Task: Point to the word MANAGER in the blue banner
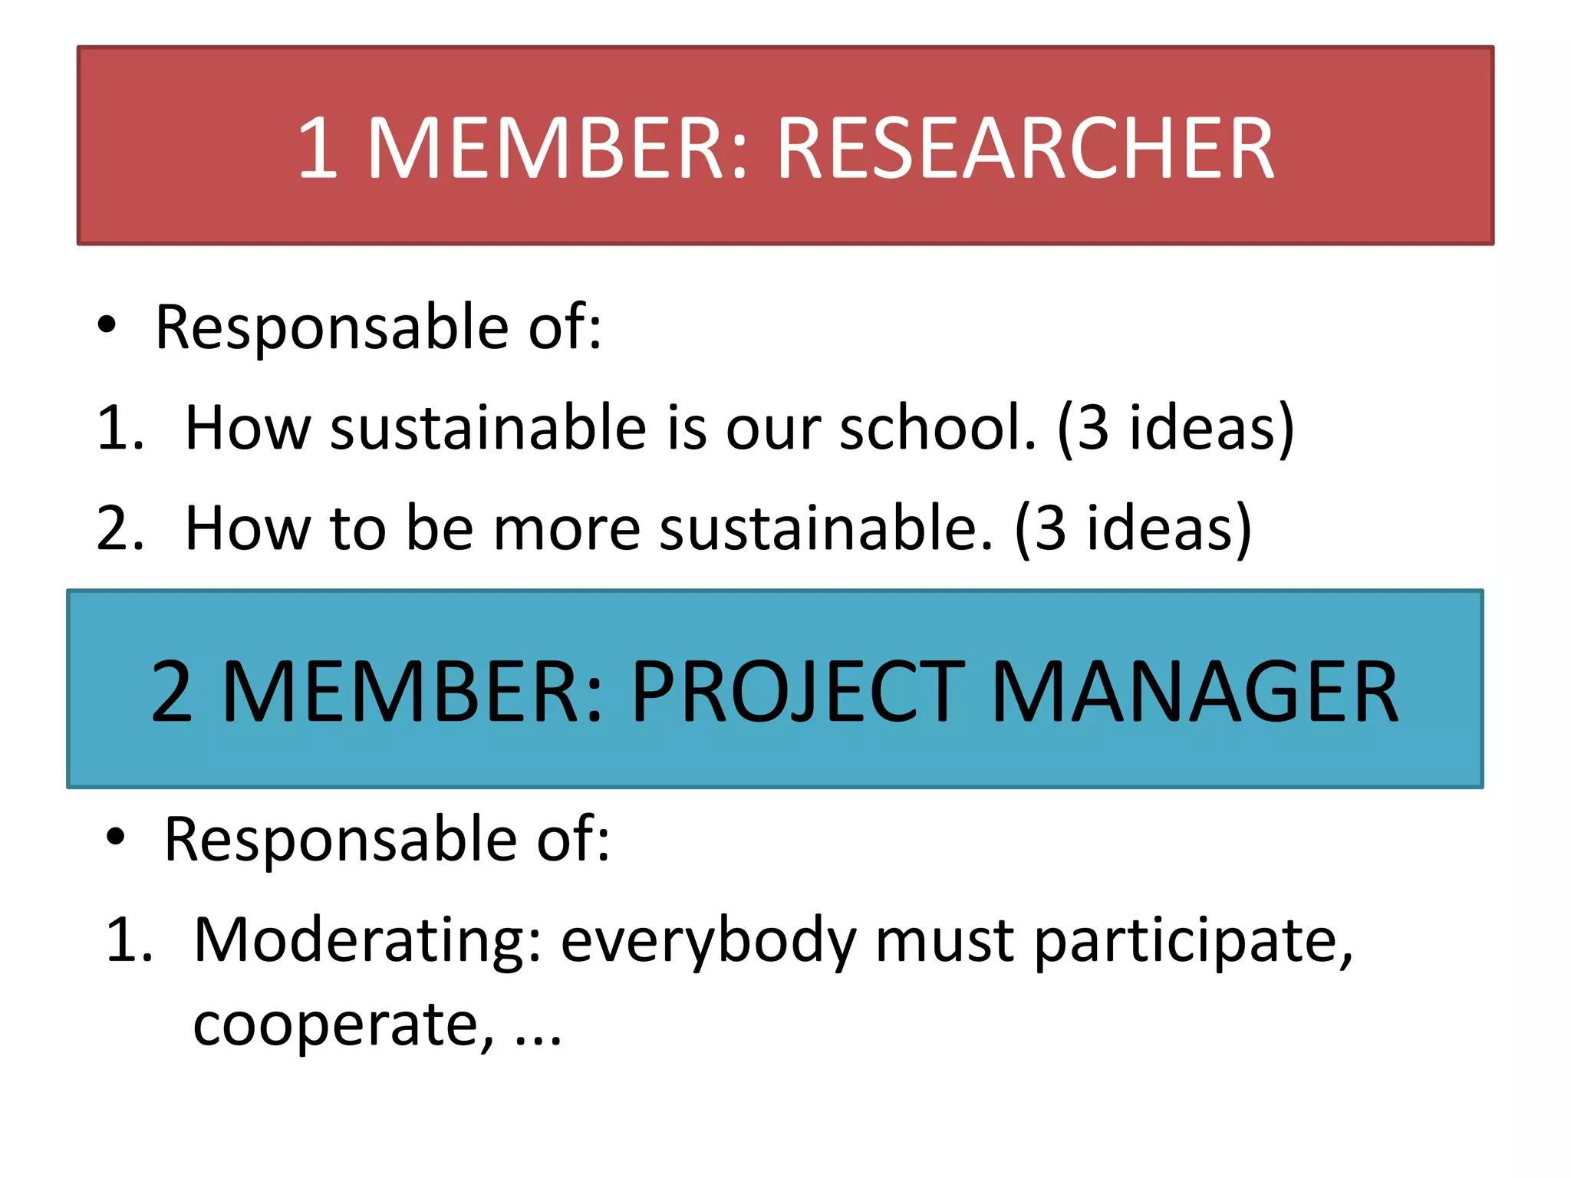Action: pyautogui.click(x=1195, y=692)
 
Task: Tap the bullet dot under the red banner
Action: pyautogui.click(x=107, y=325)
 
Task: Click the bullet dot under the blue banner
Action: pyautogui.click(x=115, y=837)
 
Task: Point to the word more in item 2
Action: pyautogui.click(x=566, y=528)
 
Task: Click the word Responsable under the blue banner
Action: pyautogui.click(x=341, y=838)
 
